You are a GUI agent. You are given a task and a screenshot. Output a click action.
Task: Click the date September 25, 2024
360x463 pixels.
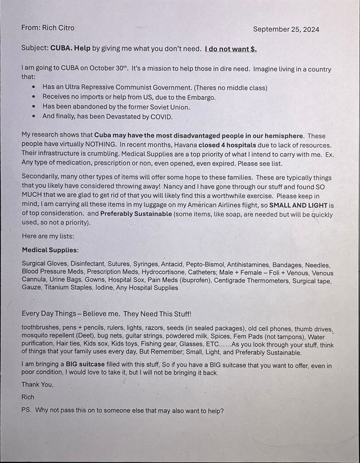coord(286,29)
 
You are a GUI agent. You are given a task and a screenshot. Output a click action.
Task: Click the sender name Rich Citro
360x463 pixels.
coord(57,28)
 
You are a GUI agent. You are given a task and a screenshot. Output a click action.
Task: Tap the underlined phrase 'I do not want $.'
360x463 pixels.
coord(230,49)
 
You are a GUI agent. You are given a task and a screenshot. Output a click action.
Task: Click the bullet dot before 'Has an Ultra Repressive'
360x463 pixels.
coord(34,87)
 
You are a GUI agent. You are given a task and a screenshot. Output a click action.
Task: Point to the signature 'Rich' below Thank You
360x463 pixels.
coord(28,397)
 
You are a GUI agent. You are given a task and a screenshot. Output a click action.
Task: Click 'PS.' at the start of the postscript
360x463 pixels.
coord(26,411)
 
